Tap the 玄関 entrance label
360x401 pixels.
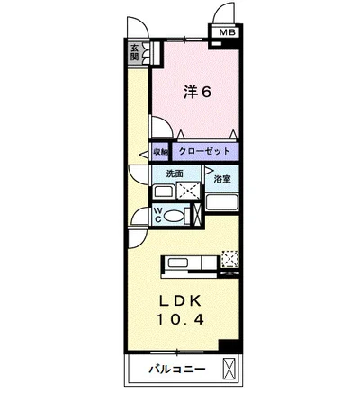(x=134, y=52)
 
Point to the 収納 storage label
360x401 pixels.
(x=159, y=152)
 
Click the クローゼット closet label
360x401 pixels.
(x=202, y=152)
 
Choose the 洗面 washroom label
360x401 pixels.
(x=174, y=173)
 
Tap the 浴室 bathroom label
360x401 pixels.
(x=221, y=179)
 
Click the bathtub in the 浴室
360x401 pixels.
(x=221, y=201)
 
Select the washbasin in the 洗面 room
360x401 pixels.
(x=164, y=192)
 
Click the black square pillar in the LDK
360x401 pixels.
(x=231, y=348)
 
